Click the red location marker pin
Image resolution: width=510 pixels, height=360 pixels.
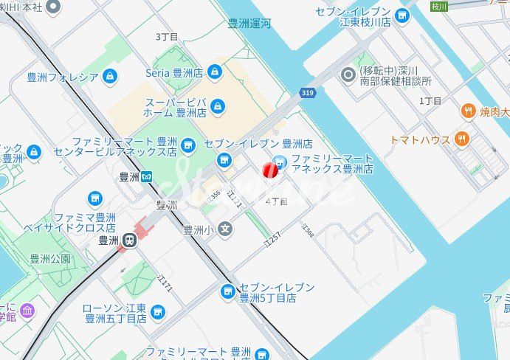271,171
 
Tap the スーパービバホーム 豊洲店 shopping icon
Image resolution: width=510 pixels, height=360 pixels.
217,107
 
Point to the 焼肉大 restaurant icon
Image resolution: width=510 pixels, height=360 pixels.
468,111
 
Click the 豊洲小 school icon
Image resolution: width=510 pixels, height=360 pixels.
225,229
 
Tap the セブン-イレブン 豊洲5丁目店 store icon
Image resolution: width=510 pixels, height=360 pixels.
228,292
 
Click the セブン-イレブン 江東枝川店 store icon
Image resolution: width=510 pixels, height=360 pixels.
402,15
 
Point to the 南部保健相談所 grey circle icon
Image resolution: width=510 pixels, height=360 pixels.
348,75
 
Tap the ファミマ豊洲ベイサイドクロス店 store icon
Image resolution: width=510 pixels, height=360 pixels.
94,198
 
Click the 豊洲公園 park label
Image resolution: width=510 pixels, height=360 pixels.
50,259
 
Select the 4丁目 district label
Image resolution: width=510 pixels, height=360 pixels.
276,201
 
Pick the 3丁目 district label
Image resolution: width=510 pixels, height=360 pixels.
167,36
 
